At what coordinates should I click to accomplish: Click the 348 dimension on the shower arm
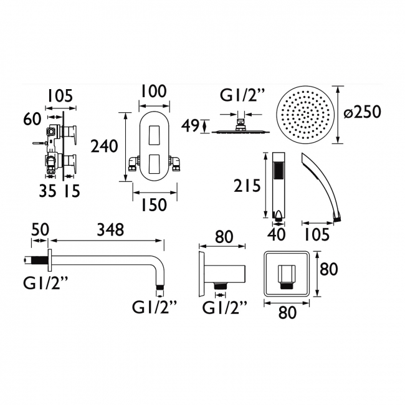pos(111,229)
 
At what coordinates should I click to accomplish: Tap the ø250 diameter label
pos(361,113)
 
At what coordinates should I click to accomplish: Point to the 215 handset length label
pos(247,186)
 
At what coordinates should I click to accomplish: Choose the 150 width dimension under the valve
pos(153,205)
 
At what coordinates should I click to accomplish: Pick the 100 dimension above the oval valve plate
pos(153,92)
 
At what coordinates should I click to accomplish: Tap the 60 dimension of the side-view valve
pos(34,118)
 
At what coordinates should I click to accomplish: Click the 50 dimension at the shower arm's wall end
pos(40,229)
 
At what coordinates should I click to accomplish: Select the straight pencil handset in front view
pos(280,184)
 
